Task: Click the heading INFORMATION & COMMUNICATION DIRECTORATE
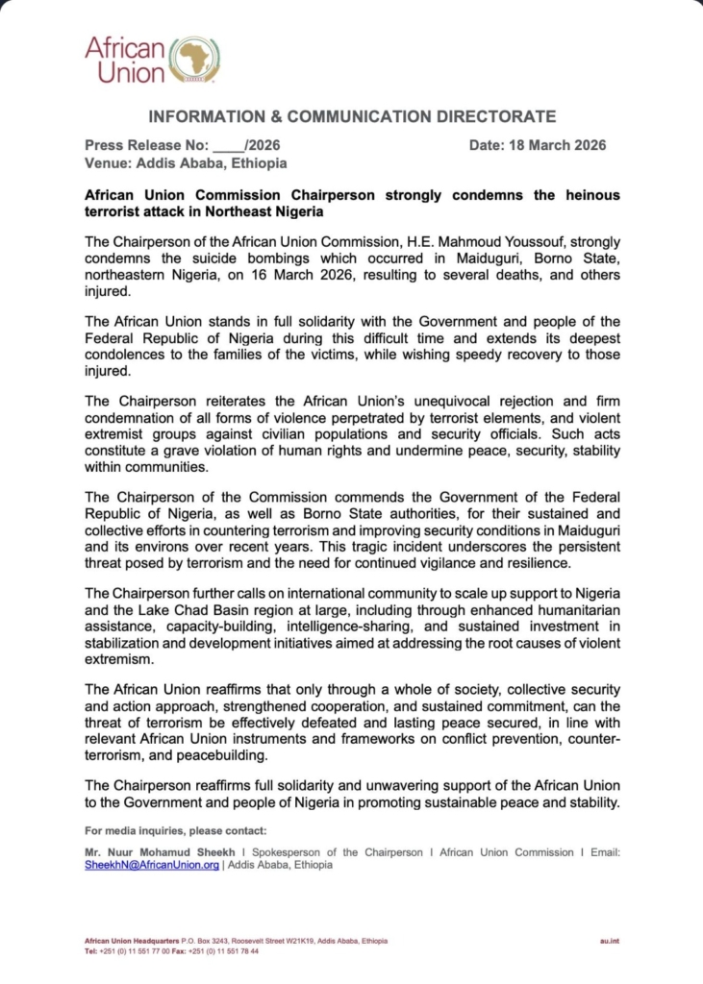[351, 117]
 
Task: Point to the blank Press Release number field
[228, 146]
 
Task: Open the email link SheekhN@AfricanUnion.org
[152, 865]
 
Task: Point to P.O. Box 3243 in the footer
[206, 940]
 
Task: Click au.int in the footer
[608, 940]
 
